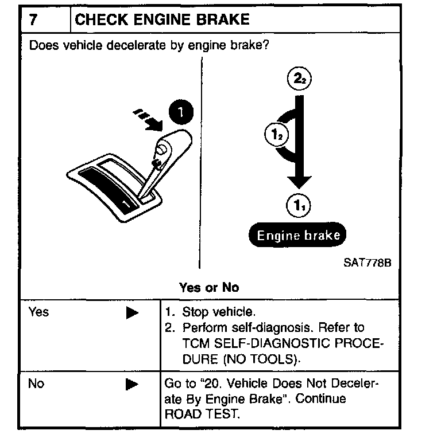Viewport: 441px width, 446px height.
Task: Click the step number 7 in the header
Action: click(x=33, y=19)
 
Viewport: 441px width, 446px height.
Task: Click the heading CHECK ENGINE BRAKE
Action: click(x=163, y=19)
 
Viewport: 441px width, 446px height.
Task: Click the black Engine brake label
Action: click(x=298, y=234)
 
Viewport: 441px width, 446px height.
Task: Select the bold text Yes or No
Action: click(x=209, y=287)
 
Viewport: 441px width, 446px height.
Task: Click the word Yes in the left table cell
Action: click(x=38, y=312)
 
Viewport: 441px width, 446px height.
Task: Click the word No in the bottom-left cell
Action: click(x=36, y=384)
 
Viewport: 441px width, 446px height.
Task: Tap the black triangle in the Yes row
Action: click(x=132, y=313)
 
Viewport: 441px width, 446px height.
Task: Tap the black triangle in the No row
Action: click(x=132, y=384)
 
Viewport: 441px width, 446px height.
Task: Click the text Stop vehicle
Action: click(x=218, y=313)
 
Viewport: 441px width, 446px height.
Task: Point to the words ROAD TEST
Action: click(x=201, y=414)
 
